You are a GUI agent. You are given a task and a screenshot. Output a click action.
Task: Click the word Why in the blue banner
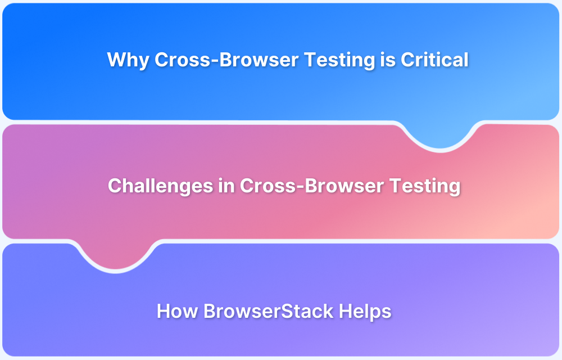(x=128, y=60)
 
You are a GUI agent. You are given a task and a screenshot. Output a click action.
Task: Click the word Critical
(x=434, y=60)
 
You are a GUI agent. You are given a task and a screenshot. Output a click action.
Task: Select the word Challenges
(x=160, y=186)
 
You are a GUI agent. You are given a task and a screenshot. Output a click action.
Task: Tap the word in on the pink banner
(x=226, y=186)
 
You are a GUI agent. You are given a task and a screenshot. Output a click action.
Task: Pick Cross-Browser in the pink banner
(x=303, y=186)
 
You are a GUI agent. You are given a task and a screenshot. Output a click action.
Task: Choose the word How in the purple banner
(x=177, y=311)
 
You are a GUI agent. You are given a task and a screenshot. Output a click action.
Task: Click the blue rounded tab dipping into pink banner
(x=440, y=135)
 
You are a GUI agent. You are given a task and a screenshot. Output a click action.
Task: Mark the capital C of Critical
(x=406, y=60)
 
